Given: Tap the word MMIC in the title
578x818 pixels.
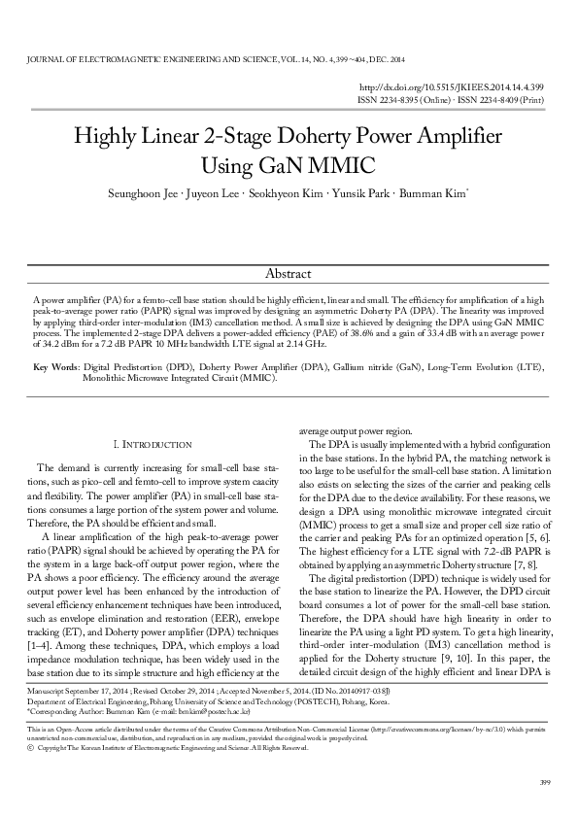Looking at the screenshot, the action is coord(343,164).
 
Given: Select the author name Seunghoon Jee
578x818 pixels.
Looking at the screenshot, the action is coord(141,193).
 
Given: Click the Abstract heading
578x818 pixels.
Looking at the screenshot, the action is coord(288,274).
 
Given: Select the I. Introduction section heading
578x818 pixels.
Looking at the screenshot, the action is coord(153,444).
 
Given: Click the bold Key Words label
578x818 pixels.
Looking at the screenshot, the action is coord(56,368).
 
